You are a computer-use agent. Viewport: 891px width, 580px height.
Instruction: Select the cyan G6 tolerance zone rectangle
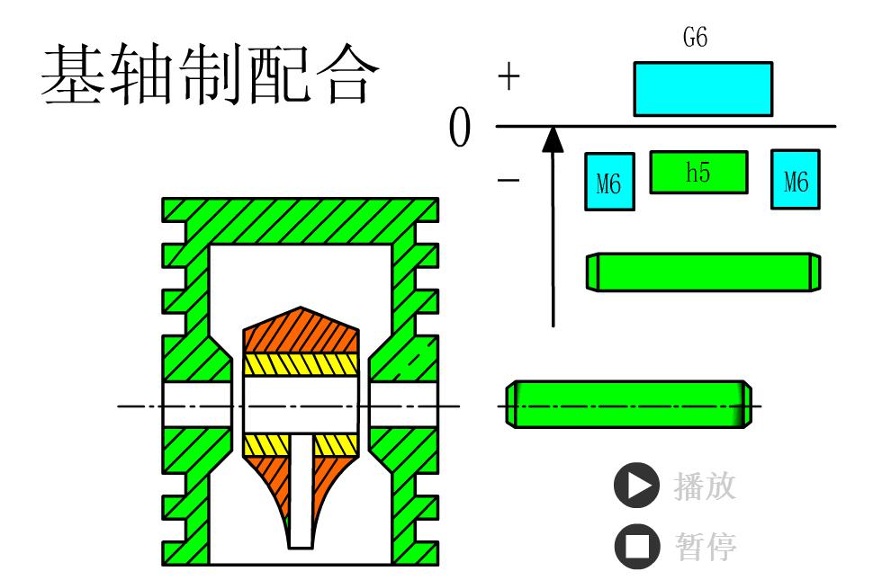click(x=703, y=89)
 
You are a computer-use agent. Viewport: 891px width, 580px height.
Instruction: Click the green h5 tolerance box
click(x=698, y=173)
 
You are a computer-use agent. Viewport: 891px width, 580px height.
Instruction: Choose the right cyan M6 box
click(x=795, y=180)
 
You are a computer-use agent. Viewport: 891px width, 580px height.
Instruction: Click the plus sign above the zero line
click(x=509, y=78)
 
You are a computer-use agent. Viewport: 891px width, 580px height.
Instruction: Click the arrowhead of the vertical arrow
click(x=553, y=138)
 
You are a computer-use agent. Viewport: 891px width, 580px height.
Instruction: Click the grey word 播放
click(x=705, y=486)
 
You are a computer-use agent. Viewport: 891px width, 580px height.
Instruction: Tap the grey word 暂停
click(x=705, y=544)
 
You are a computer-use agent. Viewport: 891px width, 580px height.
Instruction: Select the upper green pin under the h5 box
click(x=703, y=272)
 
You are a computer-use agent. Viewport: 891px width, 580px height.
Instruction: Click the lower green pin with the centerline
click(x=628, y=405)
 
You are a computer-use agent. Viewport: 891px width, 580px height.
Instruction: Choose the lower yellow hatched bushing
click(x=301, y=444)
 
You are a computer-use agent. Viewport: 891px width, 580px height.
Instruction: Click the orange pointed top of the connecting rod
click(x=301, y=328)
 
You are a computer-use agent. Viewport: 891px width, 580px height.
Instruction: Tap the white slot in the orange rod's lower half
click(x=301, y=490)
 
